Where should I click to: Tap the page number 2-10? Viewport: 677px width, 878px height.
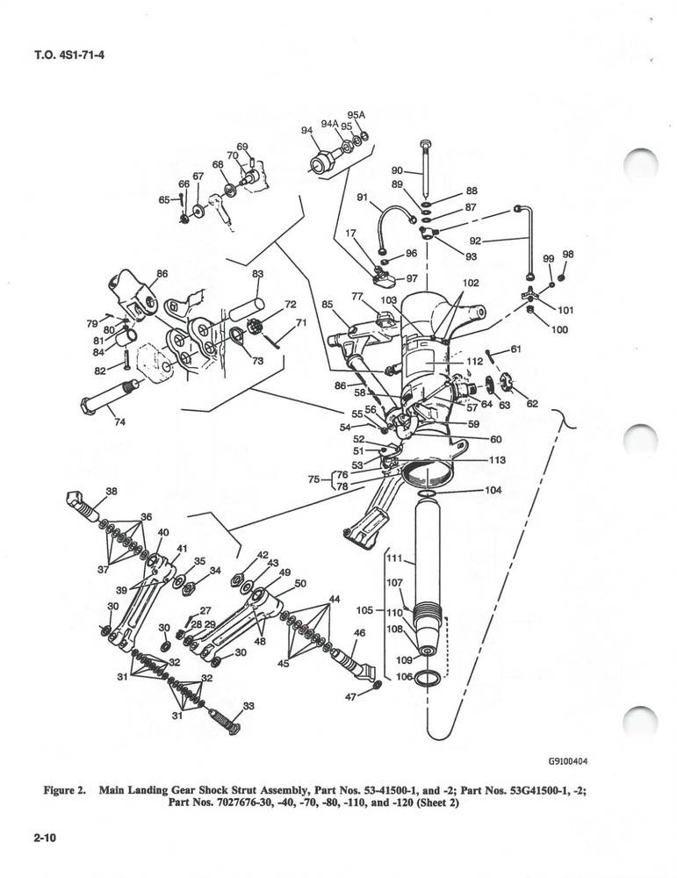click(x=45, y=838)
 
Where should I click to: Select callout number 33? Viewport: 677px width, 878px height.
click(x=248, y=705)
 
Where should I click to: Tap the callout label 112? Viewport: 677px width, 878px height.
click(x=475, y=361)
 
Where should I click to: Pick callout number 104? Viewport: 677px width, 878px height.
click(x=493, y=491)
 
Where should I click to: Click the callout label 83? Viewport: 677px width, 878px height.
click(x=257, y=274)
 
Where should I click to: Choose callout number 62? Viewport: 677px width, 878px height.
click(x=533, y=404)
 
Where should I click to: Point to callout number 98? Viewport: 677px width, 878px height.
click(x=567, y=255)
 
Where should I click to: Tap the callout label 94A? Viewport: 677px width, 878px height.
click(x=329, y=125)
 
